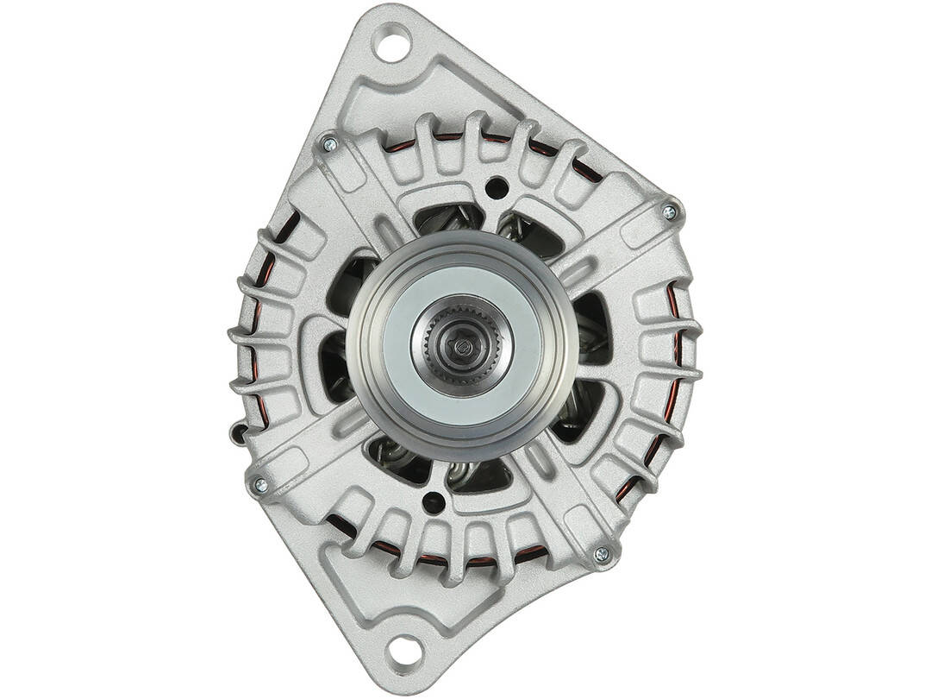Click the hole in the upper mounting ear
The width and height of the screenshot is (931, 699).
[x=392, y=42]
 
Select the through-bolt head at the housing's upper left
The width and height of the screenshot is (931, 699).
[x=328, y=144]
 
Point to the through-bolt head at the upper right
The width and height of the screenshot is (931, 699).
[x=669, y=211]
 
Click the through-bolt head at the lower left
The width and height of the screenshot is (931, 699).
[x=260, y=486]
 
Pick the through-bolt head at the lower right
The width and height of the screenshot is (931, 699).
[x=601, y=553]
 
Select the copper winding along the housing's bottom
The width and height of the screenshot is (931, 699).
[x=414, y=553]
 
